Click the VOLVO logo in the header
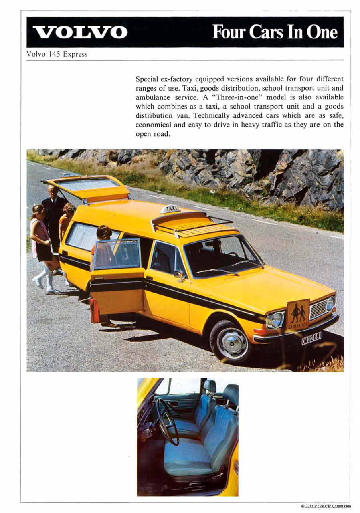[80, 32]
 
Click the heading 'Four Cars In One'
[275, 32]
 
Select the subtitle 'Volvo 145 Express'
[57, 54]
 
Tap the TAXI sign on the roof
[170, 208]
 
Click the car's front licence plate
[311, 338]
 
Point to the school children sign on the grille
[297, 315]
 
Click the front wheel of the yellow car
[231, 341]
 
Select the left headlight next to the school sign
[275, 320]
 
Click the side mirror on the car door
[179, 274]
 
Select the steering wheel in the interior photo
[168, 426]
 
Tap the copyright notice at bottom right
[326, 506]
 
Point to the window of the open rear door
[116, 254]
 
